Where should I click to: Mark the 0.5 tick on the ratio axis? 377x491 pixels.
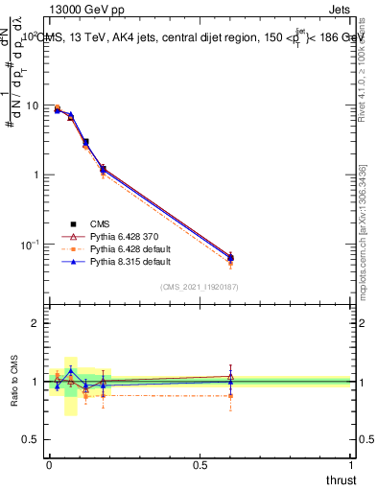35,438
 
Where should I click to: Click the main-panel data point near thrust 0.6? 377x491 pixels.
230,258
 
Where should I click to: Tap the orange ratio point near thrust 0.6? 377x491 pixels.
230,395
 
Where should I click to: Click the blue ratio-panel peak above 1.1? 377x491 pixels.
70,370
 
